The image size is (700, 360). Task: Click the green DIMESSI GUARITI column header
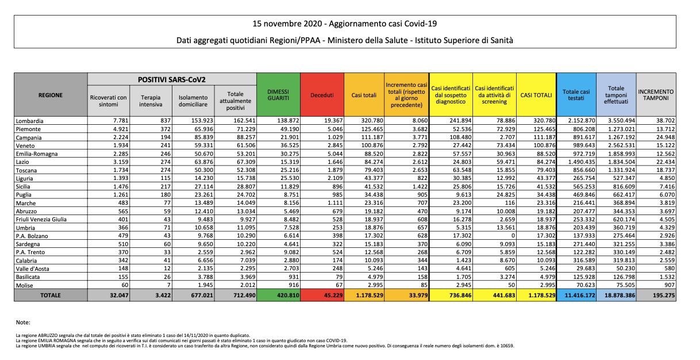(x=278, y=95)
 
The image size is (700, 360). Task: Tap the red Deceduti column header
(x=322, y=95)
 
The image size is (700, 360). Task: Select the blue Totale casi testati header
(x=576, y=95)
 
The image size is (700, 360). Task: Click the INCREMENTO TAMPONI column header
(x=656, y=95)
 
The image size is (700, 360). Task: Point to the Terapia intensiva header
(x=151, y=101)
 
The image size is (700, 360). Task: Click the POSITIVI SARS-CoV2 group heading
(x=172, y=80)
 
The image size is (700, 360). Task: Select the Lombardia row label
(x=30, y=121)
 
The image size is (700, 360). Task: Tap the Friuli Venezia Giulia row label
(x=41, y=219)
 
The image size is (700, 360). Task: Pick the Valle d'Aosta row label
(x=33, y=269)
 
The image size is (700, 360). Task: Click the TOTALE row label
(x=51, y=295)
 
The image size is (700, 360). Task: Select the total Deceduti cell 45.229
(x=333, y=295)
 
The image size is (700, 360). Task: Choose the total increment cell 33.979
(x=418, y=295)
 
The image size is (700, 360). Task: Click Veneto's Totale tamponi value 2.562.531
(x=621, y=145)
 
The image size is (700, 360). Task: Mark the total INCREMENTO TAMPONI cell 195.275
(x=663, y=295)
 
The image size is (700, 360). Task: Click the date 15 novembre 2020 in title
(x=287, y=24)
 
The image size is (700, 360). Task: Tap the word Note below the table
(x=23, y=323)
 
